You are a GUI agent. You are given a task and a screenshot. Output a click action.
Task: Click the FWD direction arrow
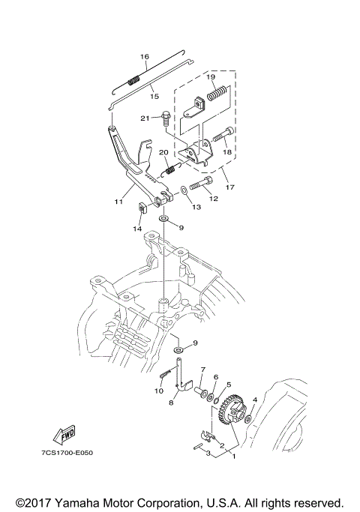[x=65, y=435]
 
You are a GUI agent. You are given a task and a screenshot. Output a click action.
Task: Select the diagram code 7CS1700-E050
[x=67, y=453]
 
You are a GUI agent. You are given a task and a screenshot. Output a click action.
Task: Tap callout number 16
[x=145, y=57]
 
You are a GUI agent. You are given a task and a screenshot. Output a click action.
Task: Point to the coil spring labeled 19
[x=217, y=92]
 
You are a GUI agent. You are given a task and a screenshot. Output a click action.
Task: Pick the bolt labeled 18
[x=223, y=134]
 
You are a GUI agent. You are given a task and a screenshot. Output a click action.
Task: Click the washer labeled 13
[x=184, y=190]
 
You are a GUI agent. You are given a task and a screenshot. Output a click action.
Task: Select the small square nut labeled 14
[x=142, y=208]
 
